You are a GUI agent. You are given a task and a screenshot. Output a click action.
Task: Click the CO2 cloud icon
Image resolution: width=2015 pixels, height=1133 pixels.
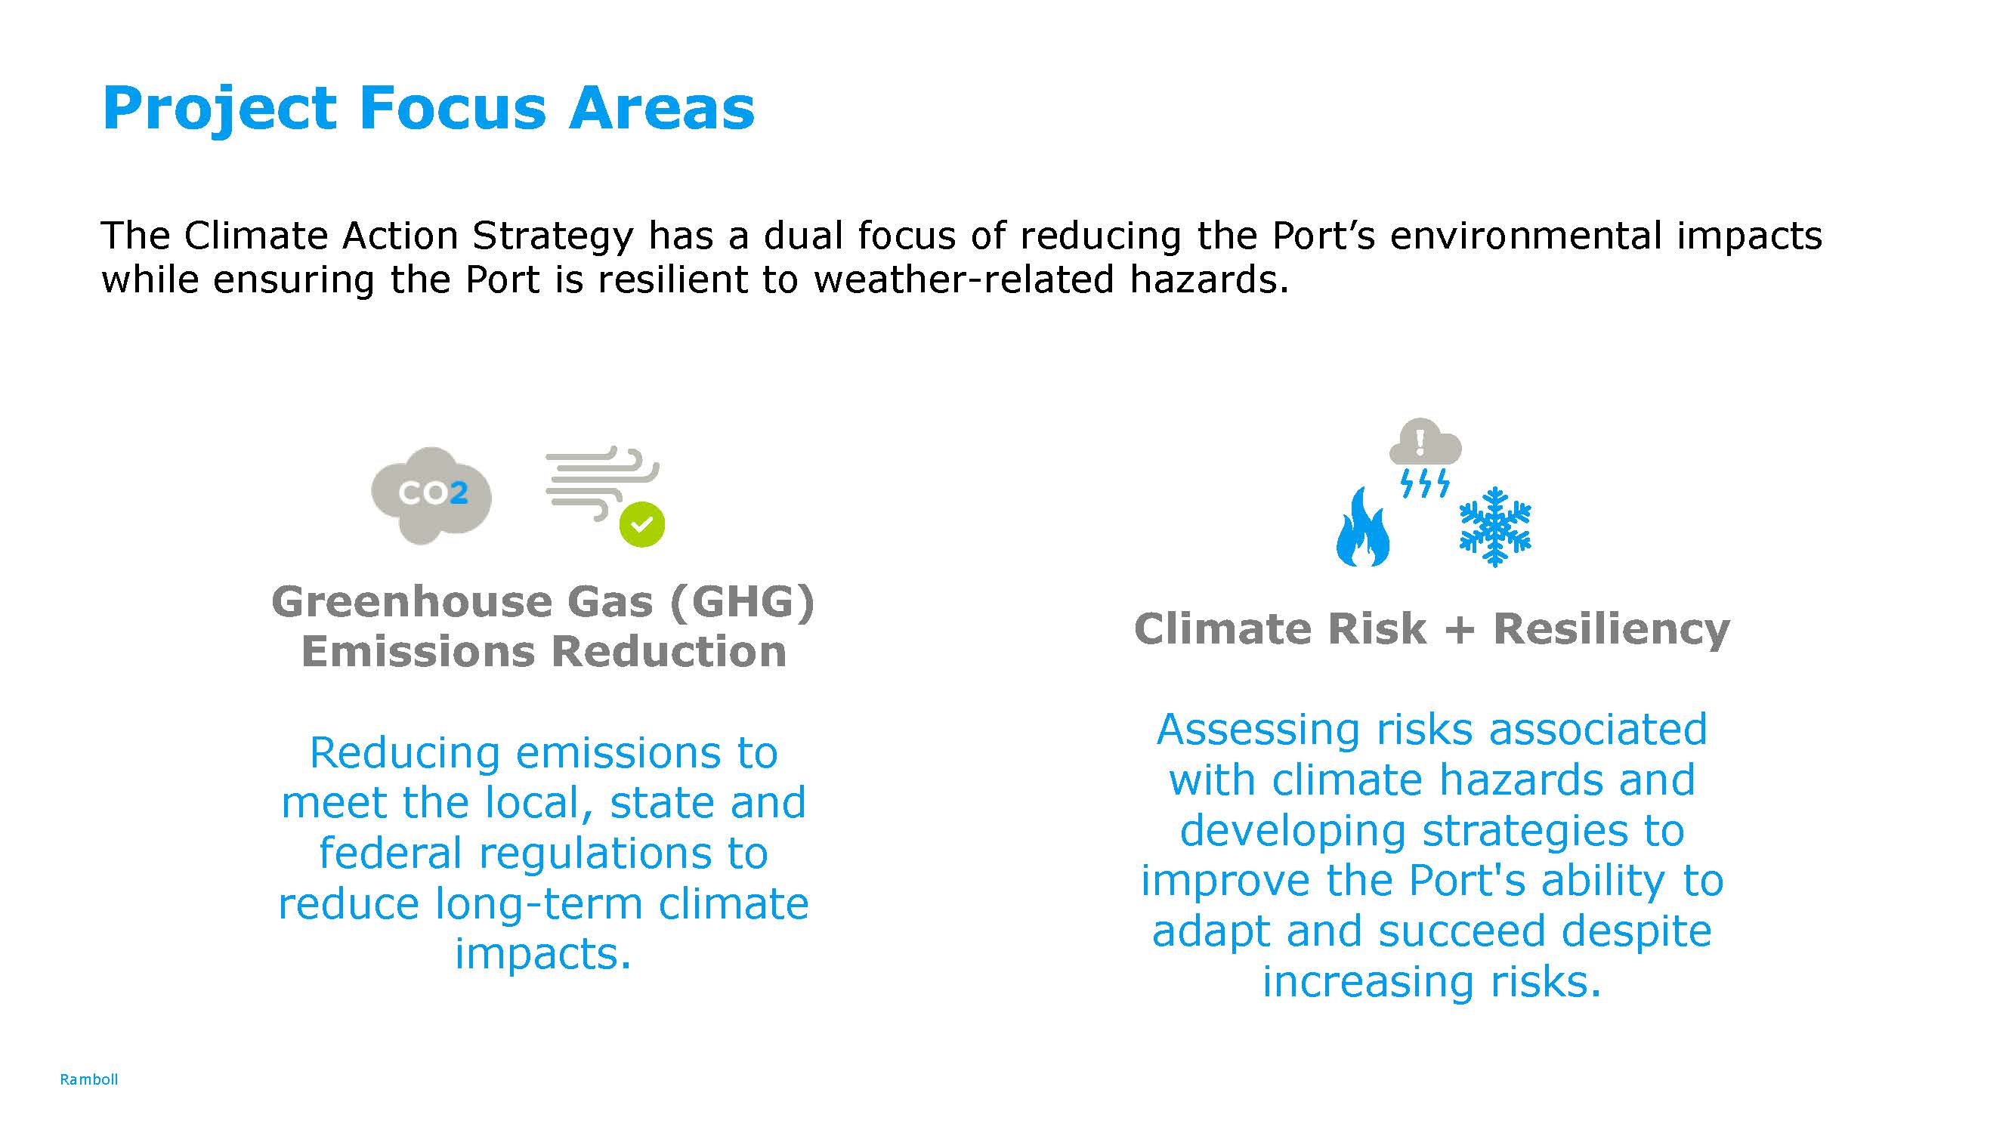431,494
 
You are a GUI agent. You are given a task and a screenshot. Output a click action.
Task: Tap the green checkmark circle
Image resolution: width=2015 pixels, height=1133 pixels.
641,524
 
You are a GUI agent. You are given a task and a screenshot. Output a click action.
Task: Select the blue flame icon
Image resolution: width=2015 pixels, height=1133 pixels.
1362,528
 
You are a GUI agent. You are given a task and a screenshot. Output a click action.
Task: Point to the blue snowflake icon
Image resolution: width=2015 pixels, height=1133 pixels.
1495,527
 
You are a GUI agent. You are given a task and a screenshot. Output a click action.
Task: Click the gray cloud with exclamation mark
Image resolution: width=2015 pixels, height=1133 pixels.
1424,443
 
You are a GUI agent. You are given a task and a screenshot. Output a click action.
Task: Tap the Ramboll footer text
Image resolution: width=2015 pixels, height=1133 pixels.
89,1079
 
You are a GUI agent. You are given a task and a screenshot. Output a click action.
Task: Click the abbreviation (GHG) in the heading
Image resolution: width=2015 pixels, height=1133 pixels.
741,602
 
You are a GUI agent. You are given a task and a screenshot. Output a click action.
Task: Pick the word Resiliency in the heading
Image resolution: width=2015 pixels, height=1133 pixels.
1612,629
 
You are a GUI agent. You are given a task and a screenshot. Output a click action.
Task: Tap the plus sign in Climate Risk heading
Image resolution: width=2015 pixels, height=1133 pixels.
1460,629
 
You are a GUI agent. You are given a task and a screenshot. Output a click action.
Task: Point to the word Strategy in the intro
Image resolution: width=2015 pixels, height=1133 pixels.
552,236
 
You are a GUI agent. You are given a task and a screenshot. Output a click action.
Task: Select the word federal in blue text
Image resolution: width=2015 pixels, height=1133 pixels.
391,853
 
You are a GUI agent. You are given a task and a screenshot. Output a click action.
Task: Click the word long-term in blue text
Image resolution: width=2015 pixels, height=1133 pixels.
538,904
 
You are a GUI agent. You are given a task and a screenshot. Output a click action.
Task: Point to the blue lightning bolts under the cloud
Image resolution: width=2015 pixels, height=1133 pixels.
1424,483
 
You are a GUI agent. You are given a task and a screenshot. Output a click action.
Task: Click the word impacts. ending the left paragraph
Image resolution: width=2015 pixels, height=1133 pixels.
543,954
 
